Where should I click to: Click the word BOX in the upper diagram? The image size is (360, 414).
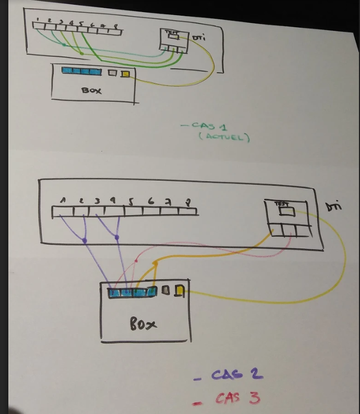[91, 90]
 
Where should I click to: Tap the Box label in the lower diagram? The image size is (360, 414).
[143, 324]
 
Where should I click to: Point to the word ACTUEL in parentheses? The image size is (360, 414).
[224, 137]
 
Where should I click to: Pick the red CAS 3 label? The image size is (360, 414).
[237, 398]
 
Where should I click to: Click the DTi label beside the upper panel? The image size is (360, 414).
[199, 38]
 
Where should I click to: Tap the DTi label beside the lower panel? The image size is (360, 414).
[333, 207]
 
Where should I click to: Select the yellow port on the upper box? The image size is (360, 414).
[125, 73]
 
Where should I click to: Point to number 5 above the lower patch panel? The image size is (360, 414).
[130, 201]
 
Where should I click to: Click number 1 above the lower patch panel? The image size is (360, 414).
[63, 200]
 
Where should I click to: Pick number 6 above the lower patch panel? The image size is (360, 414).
[151, 201]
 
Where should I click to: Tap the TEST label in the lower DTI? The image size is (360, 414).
[281, 204]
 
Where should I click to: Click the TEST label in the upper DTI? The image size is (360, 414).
[171, 32]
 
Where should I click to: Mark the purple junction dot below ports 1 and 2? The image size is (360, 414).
[85, 240]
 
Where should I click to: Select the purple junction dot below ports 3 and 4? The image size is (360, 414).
[116, 238]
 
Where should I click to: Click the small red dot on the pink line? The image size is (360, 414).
[136, 259]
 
